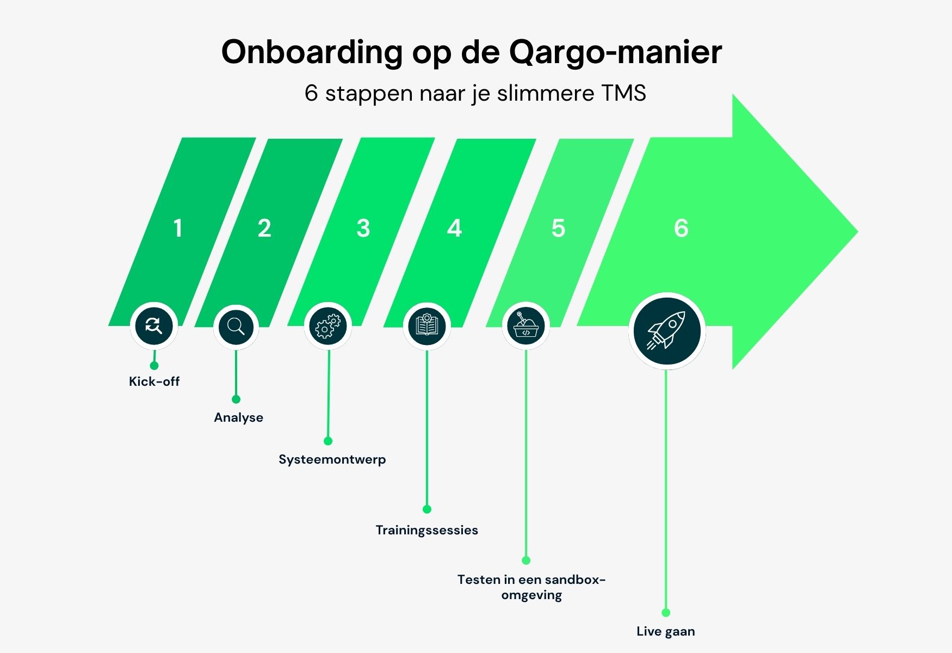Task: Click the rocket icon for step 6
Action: click(x=667, y=331)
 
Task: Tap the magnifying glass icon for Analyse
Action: click(x=236, y=326)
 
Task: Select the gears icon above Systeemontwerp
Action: click(x=328, y=326)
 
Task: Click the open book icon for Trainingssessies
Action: click(x=427, y=326)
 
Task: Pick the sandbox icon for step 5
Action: click(x=526, y=326)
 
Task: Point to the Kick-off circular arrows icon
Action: click(x=154, y=326)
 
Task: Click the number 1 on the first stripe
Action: click(x=178, y=228)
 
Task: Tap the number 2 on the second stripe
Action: click(x=264, y=228)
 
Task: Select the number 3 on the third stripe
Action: click(x=363, y=228)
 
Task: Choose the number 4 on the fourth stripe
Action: click(x=455, y=228)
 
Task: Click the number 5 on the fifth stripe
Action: click(x=558, y=228)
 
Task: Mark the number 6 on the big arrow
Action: click(x=681, y=228)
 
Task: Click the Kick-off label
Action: click(x=154, y=381)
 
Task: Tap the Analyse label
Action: click(x=238, y=417)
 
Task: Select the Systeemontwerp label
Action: click(x=332, y=459)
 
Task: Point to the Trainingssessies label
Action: click(x=426, y=530)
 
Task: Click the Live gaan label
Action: click(x=666, y=631)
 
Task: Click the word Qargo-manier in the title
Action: click(x=615, y=52)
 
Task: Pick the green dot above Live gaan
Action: click(x=666, y=613)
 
